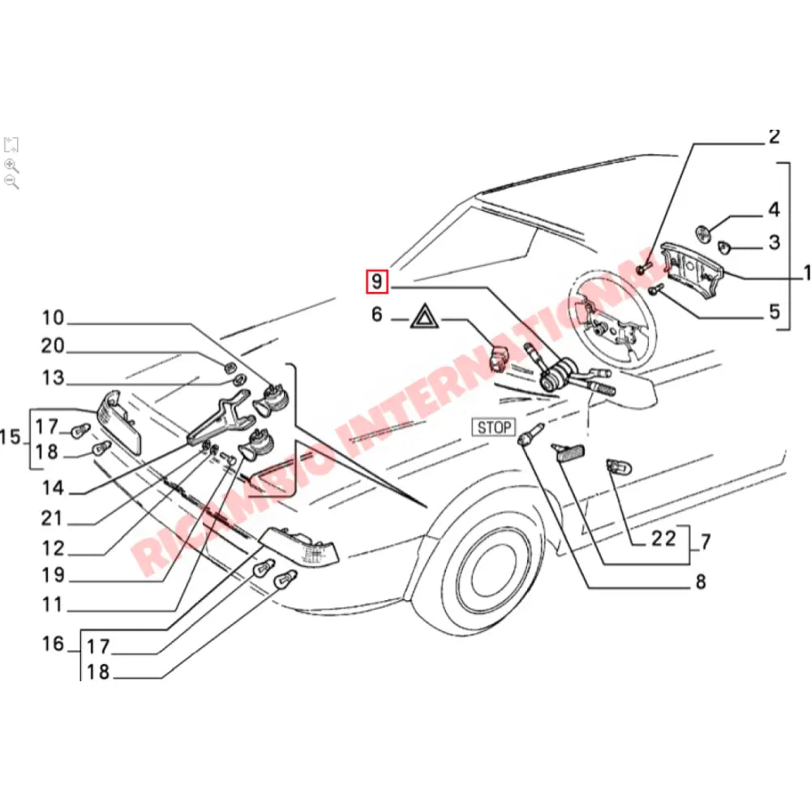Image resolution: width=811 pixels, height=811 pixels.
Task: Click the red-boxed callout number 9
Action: pos(377,282)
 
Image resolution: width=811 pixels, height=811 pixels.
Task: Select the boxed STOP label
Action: pos(494,427)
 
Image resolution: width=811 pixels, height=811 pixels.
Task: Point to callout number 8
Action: pos(700,581)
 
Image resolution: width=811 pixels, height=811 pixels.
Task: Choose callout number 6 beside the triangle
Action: pos(376,315)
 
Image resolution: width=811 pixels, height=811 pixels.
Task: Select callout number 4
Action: pos(774,210)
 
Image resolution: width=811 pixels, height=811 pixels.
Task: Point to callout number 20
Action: pos(53,347)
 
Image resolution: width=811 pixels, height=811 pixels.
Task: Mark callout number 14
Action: pos(53,488)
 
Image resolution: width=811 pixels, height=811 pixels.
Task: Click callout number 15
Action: pos(11,438)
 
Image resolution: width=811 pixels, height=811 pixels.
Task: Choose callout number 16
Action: pos(53,645)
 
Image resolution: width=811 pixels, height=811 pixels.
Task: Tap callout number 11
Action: pos(53,604)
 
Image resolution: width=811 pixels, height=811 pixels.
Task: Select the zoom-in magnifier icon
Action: pos(11,165)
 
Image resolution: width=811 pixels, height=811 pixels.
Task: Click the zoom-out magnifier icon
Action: pos(11,182)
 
